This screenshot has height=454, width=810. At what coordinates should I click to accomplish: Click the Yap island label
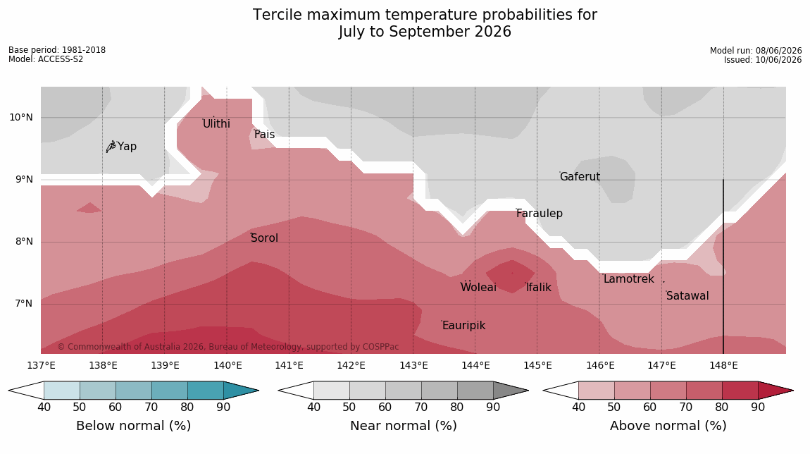pos(127,147)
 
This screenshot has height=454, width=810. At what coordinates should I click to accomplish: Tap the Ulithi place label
pos(216,123)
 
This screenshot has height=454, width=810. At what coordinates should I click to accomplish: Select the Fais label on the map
pos(265,135)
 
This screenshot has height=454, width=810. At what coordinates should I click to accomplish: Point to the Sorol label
pos(265,238)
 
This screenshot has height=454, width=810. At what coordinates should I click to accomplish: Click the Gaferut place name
pos(580,176)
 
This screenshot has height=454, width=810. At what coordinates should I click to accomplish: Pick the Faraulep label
pos(540,213)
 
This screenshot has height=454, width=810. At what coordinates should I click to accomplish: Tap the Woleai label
pos(478,287)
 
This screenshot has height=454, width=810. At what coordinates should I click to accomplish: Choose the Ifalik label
pos(539,287)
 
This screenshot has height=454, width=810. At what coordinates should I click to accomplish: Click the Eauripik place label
pos(464,325)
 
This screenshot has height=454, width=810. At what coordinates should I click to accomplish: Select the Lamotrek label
pos(629,278)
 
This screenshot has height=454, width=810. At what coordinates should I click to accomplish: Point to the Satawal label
pos(687,296)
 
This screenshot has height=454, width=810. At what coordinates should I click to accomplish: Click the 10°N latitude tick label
pos(21,118)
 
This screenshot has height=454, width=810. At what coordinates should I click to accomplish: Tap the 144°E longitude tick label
pos(475,366)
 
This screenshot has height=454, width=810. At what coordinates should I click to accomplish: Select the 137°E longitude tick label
pos(42,366)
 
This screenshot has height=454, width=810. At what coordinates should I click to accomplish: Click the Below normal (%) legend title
pos(134,426)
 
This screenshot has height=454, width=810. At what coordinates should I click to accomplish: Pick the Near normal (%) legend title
pos(404,426)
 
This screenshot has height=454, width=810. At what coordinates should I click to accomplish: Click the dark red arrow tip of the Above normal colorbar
pos(792,391)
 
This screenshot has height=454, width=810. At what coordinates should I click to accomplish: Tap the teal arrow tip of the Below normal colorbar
pos(258,391)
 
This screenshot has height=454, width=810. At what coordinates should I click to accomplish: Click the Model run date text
pos(756,51)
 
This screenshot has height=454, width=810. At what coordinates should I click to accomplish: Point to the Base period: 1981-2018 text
pos(57,50)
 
